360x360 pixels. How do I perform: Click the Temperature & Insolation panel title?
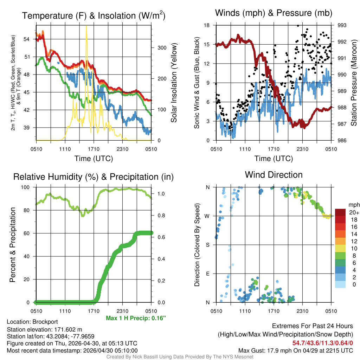94,15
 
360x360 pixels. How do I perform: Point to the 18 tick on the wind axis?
207,25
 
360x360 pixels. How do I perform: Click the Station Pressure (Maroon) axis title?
354,83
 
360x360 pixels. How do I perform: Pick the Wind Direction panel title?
274,174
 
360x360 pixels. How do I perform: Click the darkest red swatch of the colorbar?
341,212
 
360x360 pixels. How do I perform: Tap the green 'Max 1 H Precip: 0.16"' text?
136,318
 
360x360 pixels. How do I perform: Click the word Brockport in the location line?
45,322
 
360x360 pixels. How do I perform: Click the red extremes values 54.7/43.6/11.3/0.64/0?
322,343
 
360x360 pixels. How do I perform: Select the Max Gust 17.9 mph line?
296,351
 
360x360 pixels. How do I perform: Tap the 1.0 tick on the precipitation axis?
159,193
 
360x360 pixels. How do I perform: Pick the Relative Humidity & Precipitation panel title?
93,177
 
